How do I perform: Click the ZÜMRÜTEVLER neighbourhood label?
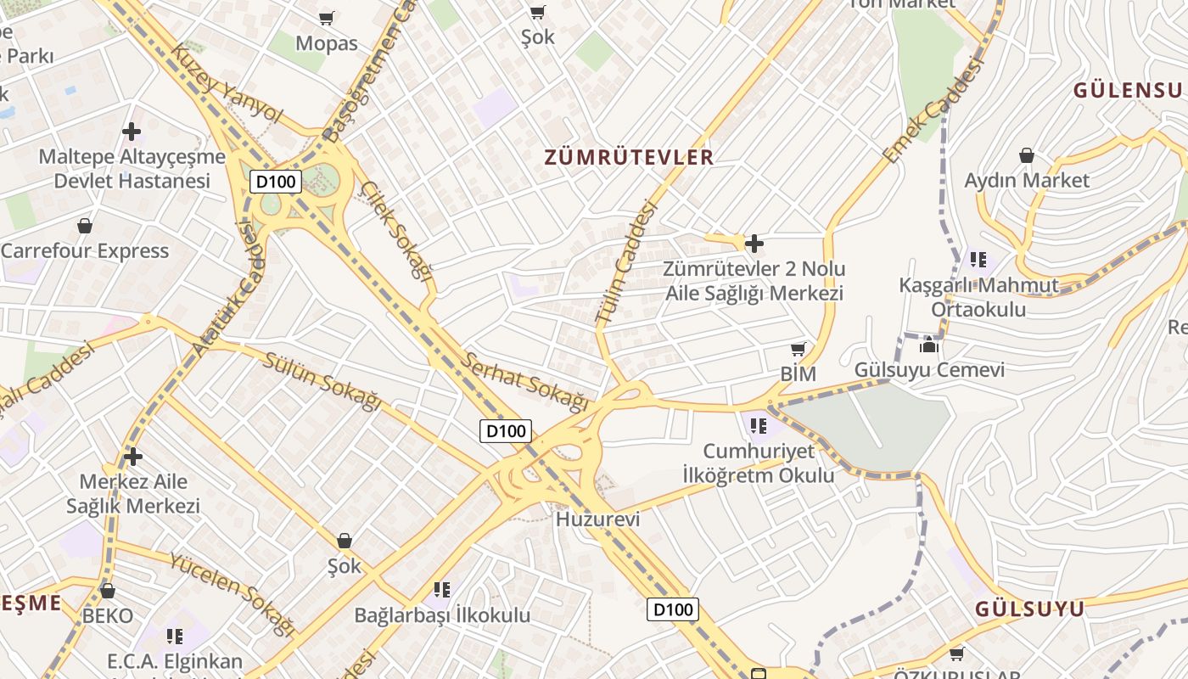coord(629,157)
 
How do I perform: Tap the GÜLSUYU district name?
coord(1029,609)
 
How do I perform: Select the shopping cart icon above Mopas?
coord(327,18)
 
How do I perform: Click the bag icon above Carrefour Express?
coord(85,226)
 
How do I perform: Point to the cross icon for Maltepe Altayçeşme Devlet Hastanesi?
coord(132,132)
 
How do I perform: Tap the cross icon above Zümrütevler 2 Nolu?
coord(754,244)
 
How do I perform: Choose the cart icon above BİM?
coord(798,350)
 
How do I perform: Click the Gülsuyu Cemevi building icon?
coord(929,345)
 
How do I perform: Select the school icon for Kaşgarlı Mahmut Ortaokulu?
coord(978,260)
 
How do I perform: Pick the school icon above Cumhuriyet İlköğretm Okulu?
coord(758,425)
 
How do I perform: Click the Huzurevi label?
coord(597,519)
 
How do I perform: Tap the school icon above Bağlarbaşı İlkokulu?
coord(441,589)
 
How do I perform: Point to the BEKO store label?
coord(108,615)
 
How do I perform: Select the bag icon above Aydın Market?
coord(1027,155)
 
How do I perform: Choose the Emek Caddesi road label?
coord(933,110)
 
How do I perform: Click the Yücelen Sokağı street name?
coord(231,594)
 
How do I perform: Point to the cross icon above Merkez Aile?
coord(132,457)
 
